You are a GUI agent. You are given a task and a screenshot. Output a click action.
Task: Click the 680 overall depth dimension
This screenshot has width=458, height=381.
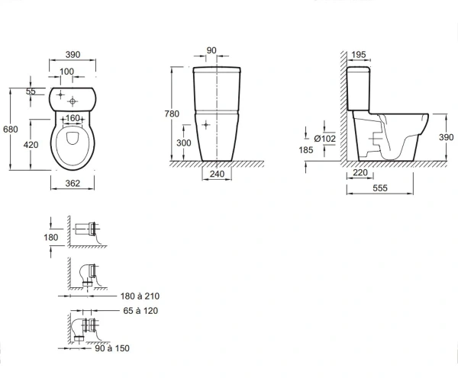[x=11, y=129]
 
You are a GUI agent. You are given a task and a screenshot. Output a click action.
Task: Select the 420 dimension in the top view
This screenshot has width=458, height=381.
[x=31, y=145]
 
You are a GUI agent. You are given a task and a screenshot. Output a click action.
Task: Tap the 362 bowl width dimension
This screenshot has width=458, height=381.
[x=73, y=183]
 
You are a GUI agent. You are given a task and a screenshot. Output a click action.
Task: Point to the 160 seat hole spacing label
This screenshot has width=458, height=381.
[x=73, y=118]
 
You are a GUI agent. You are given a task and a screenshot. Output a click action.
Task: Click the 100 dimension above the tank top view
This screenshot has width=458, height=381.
[x=66, y=72]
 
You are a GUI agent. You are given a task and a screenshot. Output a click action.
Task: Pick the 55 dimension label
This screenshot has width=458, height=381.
[x=31, y=91]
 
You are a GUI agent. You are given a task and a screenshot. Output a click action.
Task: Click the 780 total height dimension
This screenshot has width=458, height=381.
[x=172, y=114]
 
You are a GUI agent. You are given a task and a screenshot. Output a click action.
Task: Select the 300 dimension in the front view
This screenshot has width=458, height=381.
[x=184, y=142]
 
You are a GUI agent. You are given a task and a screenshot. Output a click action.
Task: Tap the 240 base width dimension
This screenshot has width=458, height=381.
[x=217, y=174]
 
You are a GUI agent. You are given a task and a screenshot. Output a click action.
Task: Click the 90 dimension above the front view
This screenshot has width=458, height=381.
[x=211, y=50]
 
